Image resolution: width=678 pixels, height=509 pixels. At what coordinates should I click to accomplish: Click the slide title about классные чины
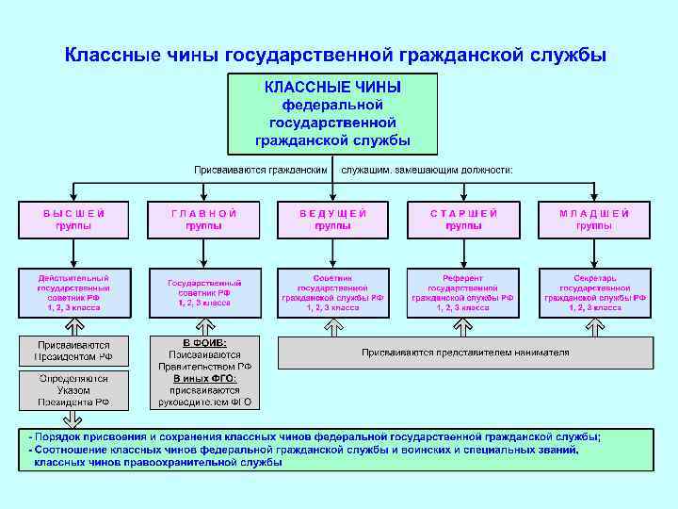click(x=335, y=55)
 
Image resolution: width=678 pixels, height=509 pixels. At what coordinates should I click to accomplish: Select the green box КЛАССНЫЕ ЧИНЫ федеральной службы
click(x=332, y=113)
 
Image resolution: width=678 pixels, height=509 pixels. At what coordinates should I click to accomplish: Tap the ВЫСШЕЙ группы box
click(x=73, y=220)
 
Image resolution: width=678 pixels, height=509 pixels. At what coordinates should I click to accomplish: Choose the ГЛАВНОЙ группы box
click(x=203, y=220)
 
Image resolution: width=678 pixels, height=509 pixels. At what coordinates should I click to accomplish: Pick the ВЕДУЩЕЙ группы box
click(x=332, y=220)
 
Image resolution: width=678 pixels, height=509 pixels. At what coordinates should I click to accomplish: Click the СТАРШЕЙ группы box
click(x=463, y=220)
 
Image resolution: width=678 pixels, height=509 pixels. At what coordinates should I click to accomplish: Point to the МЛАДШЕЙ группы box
click(x=594, y=220)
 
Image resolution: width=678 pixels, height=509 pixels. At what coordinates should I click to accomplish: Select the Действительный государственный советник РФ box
click(x=73, y=293)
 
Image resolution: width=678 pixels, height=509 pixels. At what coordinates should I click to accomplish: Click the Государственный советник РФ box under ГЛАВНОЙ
click(x=203, y=293)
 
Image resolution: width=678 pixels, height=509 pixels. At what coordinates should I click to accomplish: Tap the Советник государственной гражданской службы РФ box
click(x=332, y=293)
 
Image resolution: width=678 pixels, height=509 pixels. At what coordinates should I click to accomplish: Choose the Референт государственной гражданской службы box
click(x=463, y=293)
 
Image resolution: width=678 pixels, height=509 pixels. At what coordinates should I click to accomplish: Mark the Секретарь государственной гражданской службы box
click(x=594, y=293)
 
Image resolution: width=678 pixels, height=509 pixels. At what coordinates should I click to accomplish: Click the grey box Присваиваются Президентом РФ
click(x=73, y=352)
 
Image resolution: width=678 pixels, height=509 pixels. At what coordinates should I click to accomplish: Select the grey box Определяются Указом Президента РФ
click(x=73, y=389)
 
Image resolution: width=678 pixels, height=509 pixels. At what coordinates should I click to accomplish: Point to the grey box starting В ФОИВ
click(x=204, y=371)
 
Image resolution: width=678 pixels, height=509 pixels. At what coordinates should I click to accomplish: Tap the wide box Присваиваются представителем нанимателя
click(x=465, y=353)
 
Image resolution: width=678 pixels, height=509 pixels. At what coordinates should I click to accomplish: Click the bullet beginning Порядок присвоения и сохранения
click(x=315, y=437)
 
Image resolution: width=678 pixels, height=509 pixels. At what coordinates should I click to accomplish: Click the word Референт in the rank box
click(x=463, y=279)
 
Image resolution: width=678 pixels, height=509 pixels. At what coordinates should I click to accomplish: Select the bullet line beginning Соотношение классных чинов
click(x=303, y=451)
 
